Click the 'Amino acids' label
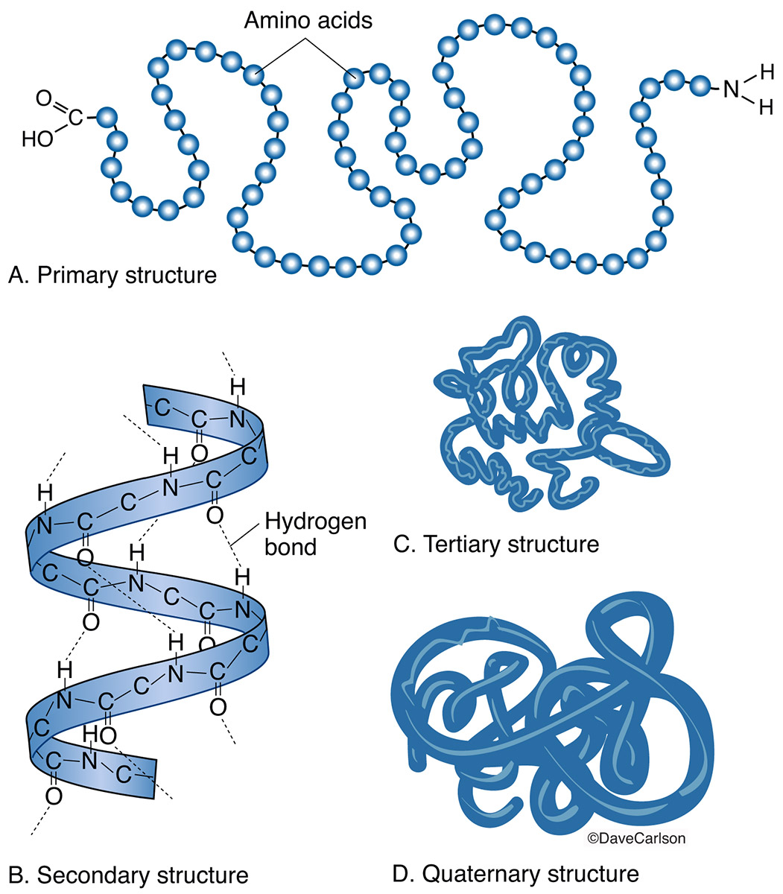(x=308, y=21)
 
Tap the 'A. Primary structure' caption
(x=112, y=276)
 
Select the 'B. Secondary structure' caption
(x=127, y=873)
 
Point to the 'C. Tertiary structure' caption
(x=496, y=544)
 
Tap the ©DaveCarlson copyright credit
(x=636, y=838)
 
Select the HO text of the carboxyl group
(x=37, y=139)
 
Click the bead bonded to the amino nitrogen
(x=700, y=85)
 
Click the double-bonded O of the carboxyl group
(x=42, y=98)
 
